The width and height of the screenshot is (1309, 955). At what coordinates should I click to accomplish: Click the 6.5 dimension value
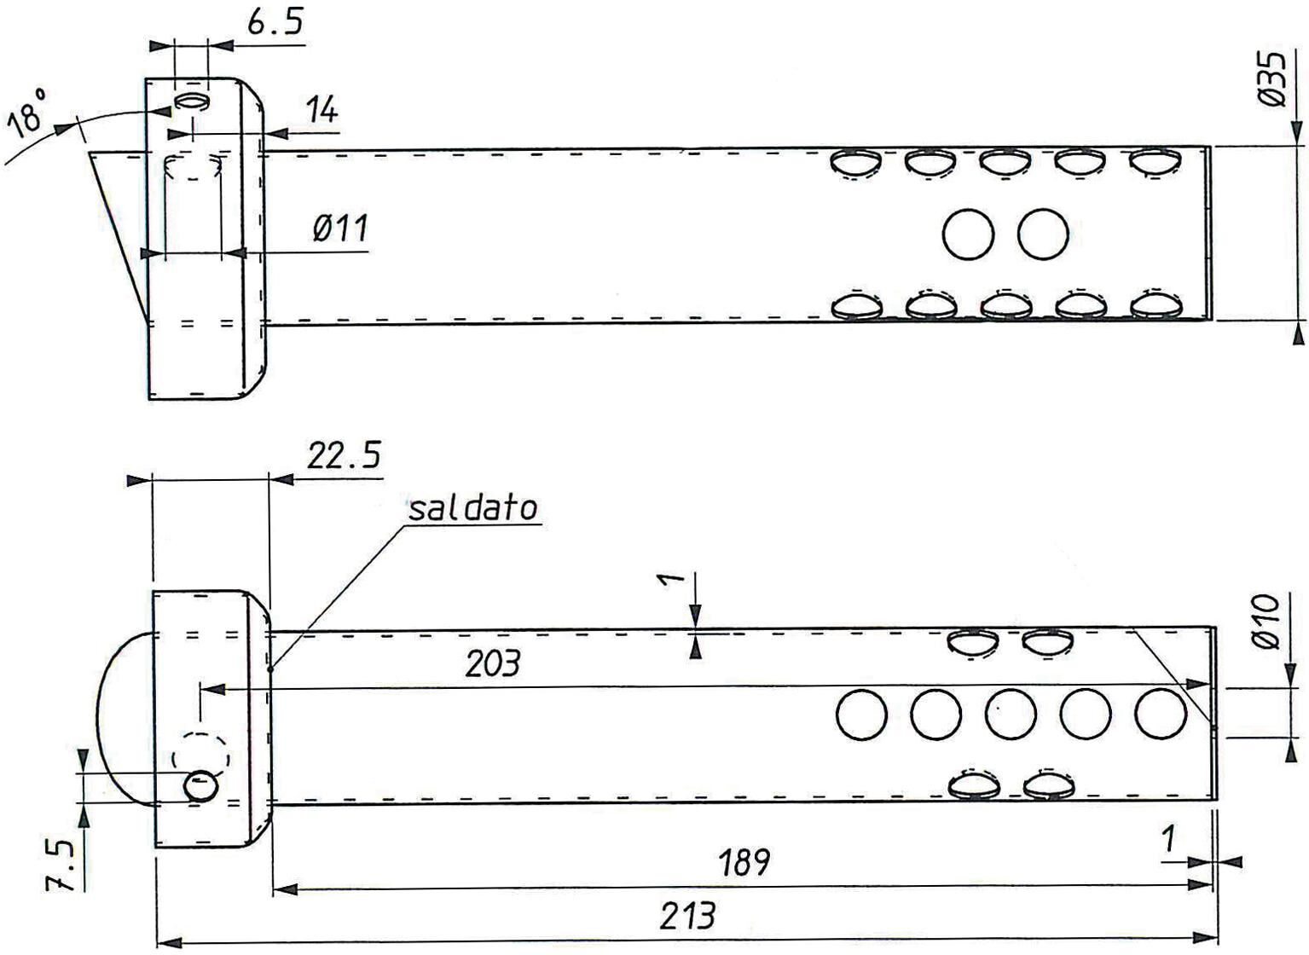(275, 23)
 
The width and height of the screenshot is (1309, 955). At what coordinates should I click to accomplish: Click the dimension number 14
(322, 110)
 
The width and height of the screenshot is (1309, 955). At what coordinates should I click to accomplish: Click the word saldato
(472, 508)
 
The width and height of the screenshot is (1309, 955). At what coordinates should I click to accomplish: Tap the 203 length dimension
(492, 664)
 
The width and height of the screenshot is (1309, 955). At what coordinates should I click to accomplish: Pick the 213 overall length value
(687, 915)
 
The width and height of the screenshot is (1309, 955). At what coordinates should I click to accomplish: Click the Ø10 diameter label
(1266, 622)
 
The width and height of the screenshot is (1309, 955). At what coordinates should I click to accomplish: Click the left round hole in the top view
(968, 234)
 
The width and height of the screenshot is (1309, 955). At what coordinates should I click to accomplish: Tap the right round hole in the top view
(1043, 234)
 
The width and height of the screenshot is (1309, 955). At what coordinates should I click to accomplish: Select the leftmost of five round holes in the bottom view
(861, 715)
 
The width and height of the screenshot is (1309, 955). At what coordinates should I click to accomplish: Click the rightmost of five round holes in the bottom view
(1161, 713)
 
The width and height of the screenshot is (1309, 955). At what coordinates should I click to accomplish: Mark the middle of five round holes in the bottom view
(1011, 715)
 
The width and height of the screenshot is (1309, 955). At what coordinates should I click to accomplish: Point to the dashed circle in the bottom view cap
(200, 758)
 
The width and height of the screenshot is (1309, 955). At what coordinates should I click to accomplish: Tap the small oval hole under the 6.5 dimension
(191, 101)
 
